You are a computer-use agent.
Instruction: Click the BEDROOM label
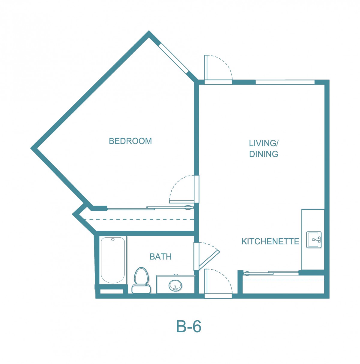pyautogui.click(x=130, y=141)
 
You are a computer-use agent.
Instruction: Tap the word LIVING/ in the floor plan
pyautogui.click(x=263, y=143)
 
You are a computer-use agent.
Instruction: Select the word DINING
pyautogui.click(x=263, y=154)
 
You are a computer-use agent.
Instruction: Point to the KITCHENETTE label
pyautogui.click(x=270, y=241)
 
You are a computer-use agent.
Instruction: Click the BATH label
pyautogui.click(x=160, y=257)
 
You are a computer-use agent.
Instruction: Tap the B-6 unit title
pyautogui.click(x=188, y=326)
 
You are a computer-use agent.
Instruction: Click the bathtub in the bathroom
pyautogui.click(x=112, y=260)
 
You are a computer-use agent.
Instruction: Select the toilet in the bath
pyautogui.click(x=141, y=280)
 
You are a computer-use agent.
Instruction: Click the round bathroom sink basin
pyautogui.click(x=175, y=285)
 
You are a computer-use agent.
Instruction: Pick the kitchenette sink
pyautogui.click(x=314, y=240)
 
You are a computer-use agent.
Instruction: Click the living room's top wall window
pyautogui.click(x=285, y=82)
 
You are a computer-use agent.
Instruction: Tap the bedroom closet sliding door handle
pyautogui.click(x=188, y=208)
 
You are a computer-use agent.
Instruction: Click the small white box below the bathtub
pyautogui.click(x=111, y=291)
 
